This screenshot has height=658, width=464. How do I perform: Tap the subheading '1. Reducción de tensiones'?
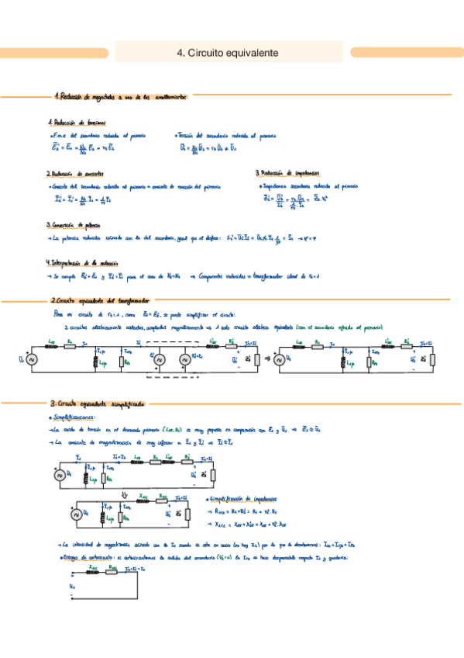pos(76,123)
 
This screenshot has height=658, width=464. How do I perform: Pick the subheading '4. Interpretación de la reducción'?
pos(86,263)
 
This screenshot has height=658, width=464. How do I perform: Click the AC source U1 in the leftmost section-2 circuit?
pos(32,358)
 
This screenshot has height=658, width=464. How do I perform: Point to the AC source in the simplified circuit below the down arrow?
pos(75,514)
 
